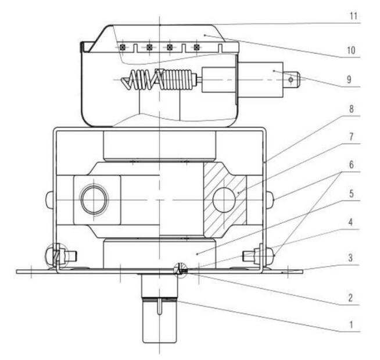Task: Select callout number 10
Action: coord(350,51)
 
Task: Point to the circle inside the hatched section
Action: coord(224,200)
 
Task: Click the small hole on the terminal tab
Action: coord(291,79)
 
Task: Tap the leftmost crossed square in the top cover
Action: coord(123,47)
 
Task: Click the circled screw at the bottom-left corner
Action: coord(57,255)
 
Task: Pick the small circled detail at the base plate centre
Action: coord(180,269)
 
